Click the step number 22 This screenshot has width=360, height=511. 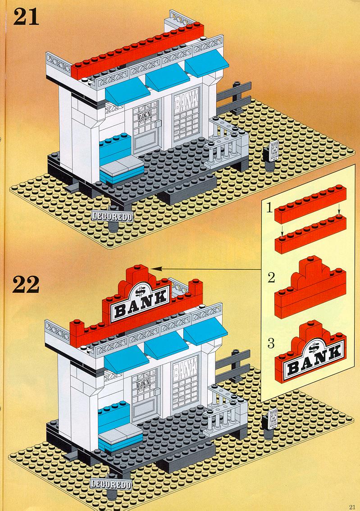point(27,284)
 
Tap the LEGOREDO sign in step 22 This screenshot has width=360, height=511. point(111,485)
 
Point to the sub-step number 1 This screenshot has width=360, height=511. point(269,208)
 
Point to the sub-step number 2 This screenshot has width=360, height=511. point(270,277)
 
